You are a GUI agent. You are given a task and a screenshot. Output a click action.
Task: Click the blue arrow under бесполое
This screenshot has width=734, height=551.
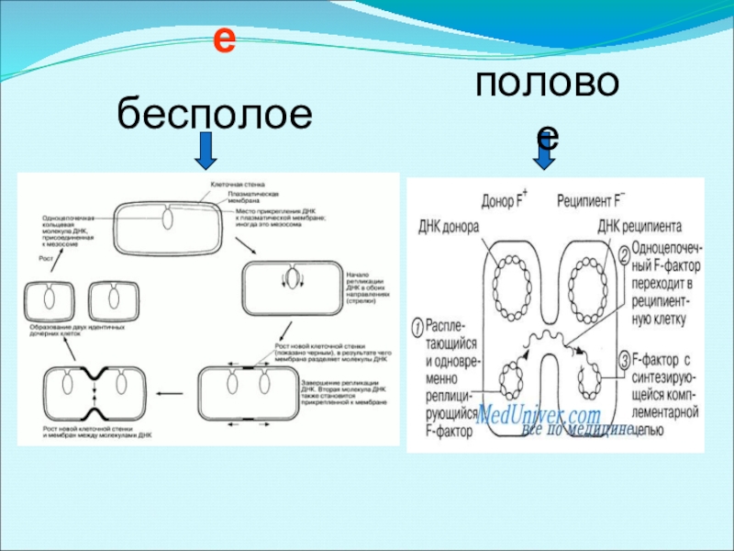[x=206, y=151]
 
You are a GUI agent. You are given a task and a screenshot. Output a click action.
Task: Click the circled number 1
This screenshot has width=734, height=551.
[x=417, y=326]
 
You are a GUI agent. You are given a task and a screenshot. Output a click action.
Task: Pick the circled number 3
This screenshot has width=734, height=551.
[x=624, y=358]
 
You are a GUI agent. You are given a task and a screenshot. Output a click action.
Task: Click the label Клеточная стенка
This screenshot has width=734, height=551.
[x=231, y=185]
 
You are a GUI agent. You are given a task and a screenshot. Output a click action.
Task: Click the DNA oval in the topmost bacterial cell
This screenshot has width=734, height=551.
[x=167, y=219]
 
